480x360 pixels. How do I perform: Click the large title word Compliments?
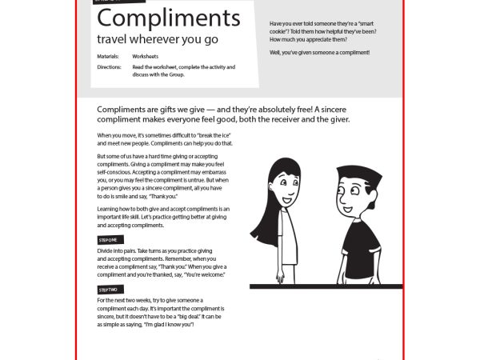pos(168,19)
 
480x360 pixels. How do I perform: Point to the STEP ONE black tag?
pos(107,239)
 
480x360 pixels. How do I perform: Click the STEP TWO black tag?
pos(108,289)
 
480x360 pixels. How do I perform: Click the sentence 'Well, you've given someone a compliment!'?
pos(319,52)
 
